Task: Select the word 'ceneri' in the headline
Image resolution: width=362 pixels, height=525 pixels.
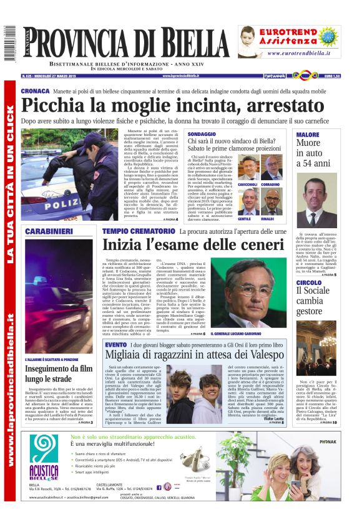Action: tap(250, 245)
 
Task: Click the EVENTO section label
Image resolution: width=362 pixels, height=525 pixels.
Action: tap(115, 345)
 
